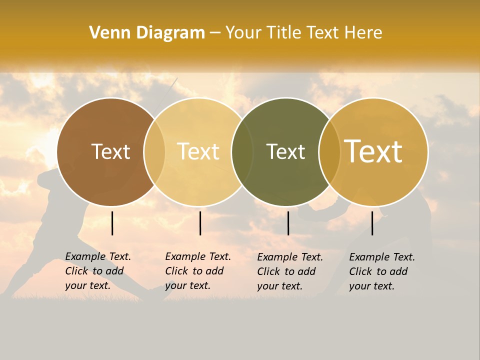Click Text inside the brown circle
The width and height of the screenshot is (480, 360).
click(x=110, y=152)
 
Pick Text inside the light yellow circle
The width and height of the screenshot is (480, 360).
click(x=198, y=152)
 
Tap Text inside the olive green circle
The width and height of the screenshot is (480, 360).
click(x=285, y=152)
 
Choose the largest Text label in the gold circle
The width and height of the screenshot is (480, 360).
click(x=373, y=152)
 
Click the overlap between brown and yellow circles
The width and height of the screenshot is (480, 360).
click(x=154, y=152)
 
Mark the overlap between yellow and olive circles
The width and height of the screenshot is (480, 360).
click(x=242, y=152)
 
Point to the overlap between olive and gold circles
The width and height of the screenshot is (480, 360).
click(x=329, y=152)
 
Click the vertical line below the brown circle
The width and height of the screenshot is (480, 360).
click(x=112, y=223)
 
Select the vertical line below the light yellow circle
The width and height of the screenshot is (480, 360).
click(x=200, y=223)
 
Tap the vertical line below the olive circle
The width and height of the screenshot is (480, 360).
click(x=288, y=223)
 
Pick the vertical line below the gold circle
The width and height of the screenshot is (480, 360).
click(x=372, y=223)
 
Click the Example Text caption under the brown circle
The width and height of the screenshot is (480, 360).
click(x=98, y=271)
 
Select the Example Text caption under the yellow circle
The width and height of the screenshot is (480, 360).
click(x=198, y=271)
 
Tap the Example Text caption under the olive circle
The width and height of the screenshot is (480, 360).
click(x=290, y=271)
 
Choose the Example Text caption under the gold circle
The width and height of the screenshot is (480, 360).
click(x=382, y=271)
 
